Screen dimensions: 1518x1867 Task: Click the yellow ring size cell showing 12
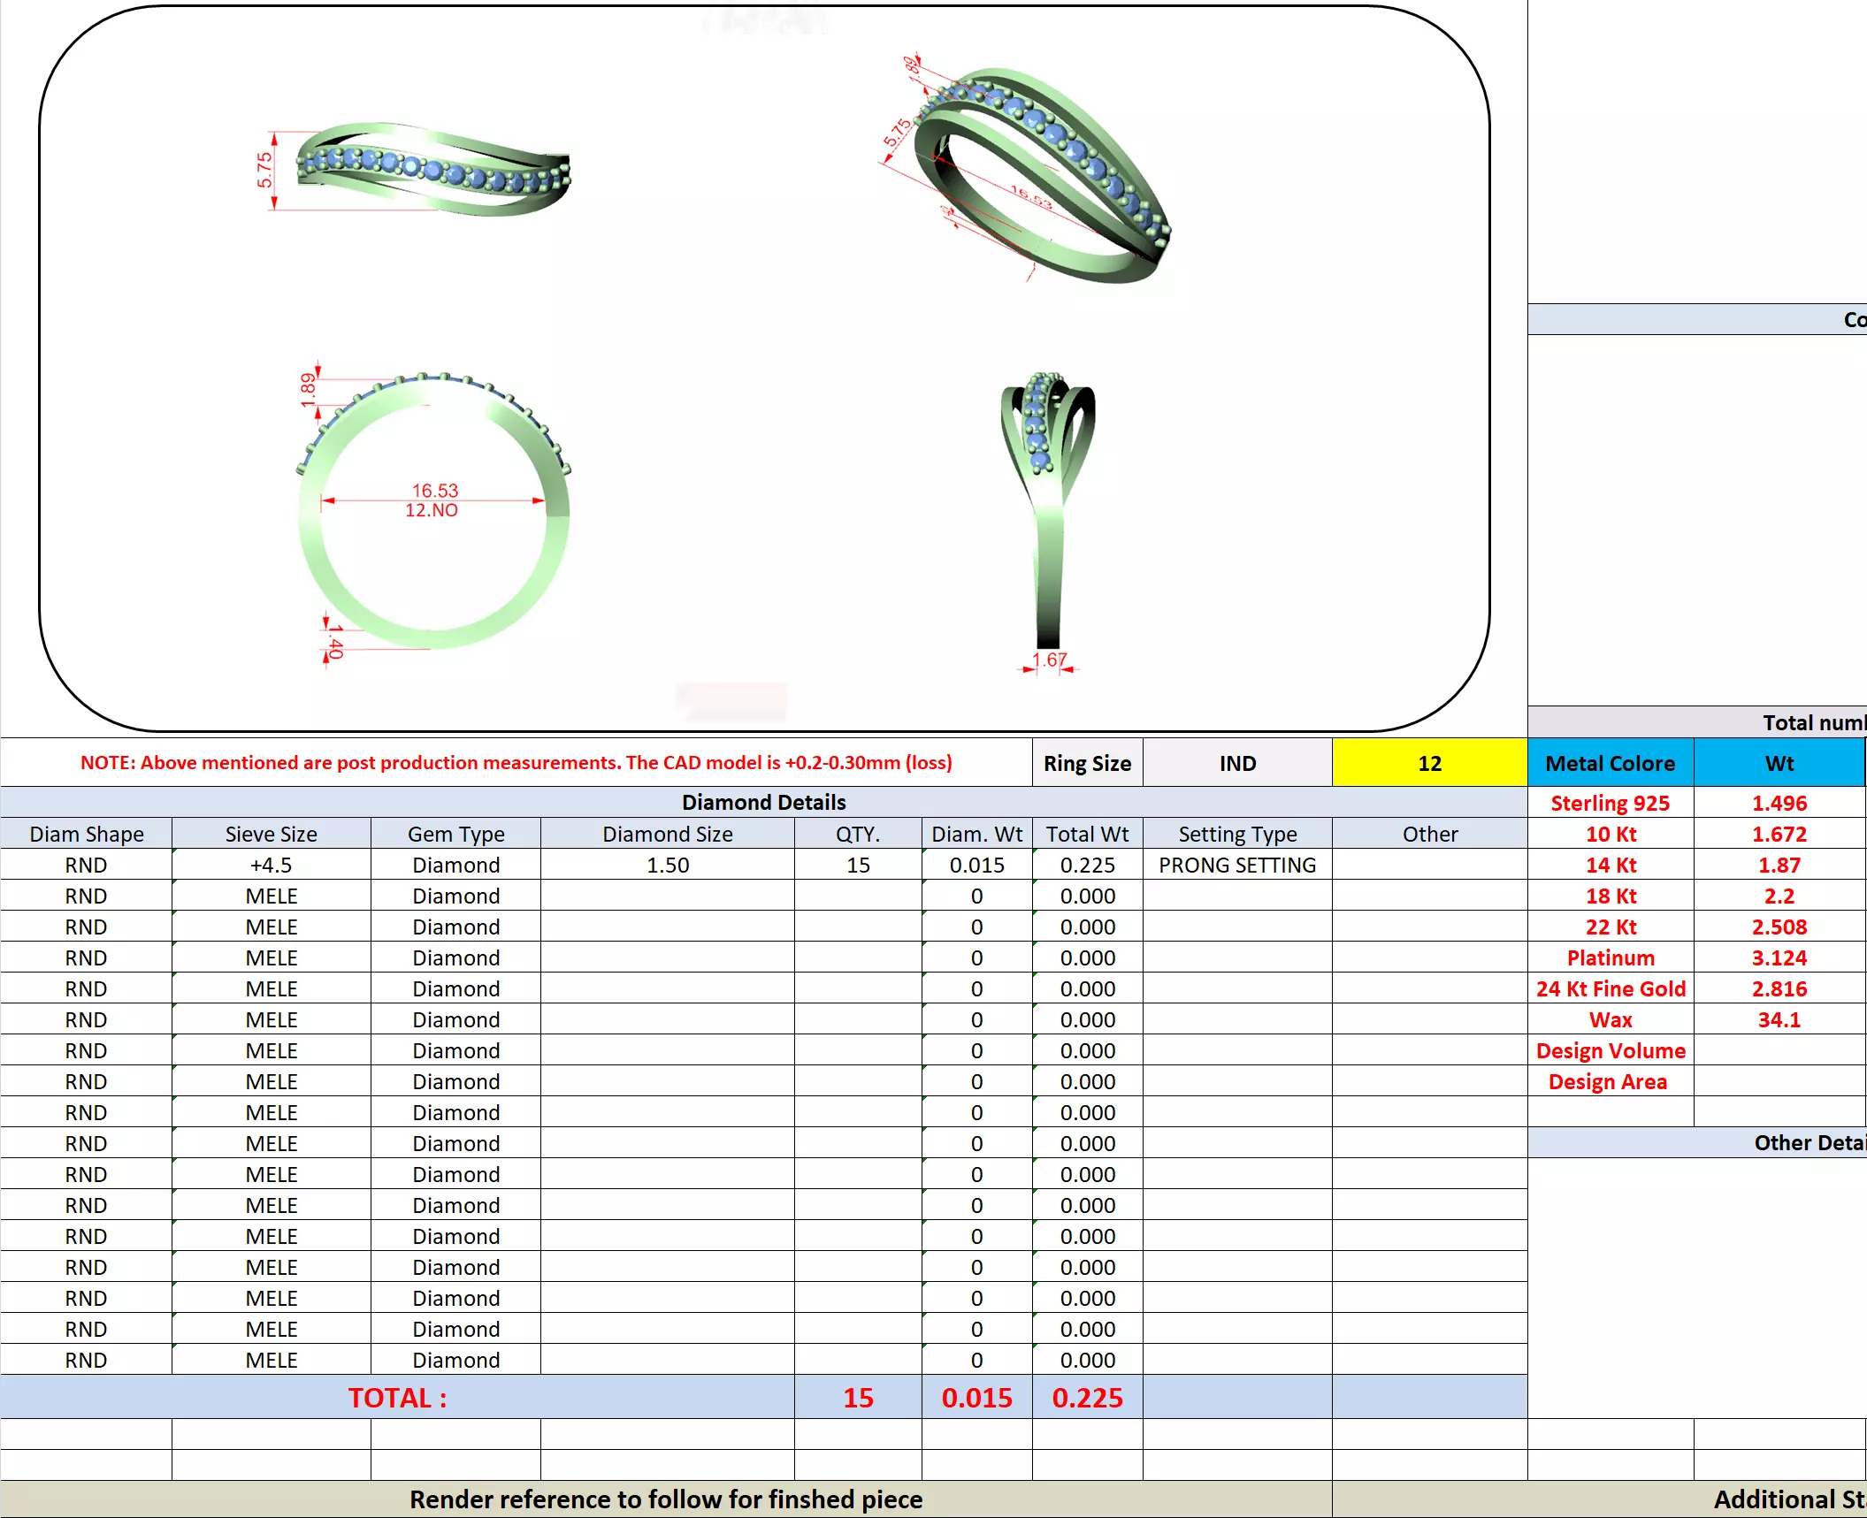1429,763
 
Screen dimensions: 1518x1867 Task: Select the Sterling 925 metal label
1610,803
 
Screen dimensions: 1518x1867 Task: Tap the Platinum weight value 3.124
1779,957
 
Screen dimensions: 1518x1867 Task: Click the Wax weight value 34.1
1779,1019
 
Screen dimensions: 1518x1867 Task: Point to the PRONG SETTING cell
1236,865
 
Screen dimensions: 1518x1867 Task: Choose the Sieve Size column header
271,834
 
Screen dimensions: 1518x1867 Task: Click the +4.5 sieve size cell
271,865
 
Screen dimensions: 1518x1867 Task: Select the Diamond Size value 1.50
667,865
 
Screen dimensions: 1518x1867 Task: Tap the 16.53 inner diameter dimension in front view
434,490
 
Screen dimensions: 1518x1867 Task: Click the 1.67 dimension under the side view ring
1049,660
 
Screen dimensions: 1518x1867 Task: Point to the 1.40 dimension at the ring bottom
334,641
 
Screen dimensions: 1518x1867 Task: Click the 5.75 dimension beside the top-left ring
264,170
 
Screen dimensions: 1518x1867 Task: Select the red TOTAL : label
397,1398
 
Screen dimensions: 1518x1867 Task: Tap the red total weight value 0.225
1087,1398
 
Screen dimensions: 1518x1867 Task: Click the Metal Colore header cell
1610,763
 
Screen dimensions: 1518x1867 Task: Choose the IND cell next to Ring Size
1236,763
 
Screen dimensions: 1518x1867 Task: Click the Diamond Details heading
763,802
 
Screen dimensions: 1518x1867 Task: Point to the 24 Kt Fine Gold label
1610,988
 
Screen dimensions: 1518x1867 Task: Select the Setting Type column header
1236,834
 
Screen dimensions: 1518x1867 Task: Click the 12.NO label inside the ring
432,510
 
